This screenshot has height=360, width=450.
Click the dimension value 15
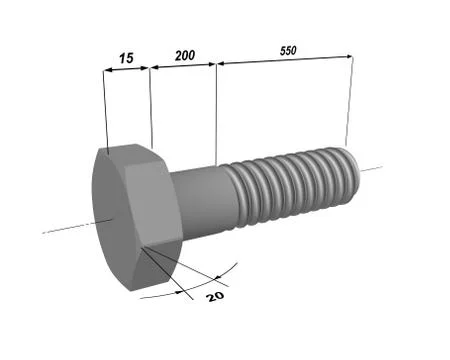click(x=125, y=59)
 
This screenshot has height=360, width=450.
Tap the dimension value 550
click(x=288, y=49)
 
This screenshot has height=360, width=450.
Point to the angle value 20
click(x=214, y=296)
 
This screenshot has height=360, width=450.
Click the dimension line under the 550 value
click(x=285, y=60)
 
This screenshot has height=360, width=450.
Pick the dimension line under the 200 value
click(x=183, y=66)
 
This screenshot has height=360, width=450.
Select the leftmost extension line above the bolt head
click(x=104, y=110)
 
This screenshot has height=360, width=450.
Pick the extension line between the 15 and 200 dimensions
click(x=150, y=105)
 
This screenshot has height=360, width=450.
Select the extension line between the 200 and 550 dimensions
click(x=216, y=110)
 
